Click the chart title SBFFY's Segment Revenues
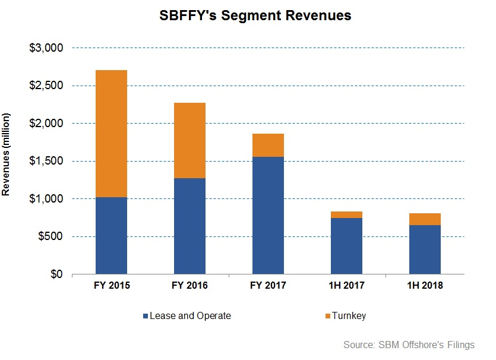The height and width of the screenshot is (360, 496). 255,16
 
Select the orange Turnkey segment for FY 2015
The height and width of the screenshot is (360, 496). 111,134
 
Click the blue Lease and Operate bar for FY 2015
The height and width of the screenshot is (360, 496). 111,236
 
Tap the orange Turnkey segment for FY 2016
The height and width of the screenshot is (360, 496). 189,141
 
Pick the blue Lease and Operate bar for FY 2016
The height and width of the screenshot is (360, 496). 189,226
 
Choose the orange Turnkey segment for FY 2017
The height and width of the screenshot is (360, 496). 268,146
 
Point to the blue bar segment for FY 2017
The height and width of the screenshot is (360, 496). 268,216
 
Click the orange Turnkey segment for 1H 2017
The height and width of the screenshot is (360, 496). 346,214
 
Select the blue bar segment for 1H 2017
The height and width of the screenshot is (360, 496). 346,246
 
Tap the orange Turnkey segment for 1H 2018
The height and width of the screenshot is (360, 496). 425,219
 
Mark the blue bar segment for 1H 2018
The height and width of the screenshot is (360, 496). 425,250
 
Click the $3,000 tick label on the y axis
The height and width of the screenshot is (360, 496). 46,48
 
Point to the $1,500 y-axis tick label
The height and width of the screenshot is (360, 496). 46,162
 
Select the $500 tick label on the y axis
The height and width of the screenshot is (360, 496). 50,237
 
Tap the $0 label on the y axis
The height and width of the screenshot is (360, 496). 56,274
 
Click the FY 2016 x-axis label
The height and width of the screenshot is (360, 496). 189,286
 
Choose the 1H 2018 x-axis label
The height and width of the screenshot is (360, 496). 425,286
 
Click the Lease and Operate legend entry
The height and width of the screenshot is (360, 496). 187,316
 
